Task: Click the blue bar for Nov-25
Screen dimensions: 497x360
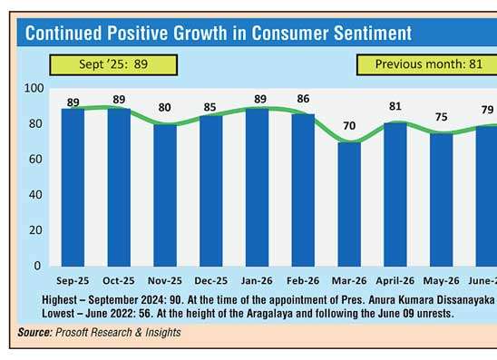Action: (x=165, y=195)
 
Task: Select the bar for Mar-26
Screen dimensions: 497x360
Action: (x=349, y=204)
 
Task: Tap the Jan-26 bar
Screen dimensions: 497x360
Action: (x=257, y=188)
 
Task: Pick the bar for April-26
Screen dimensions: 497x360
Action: (x=395, y=195)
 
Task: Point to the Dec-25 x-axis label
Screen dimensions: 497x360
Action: (x=211, y=281)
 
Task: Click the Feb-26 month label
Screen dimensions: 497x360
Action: (x=303, y=281)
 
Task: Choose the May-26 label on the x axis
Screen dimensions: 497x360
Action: (x=441, y=281)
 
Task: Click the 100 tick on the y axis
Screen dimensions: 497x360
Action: (x=34, y=88)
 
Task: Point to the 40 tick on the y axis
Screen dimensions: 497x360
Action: (x=35, y=195)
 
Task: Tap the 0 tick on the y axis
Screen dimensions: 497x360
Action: (x=37, y=266)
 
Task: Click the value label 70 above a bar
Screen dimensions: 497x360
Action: (x=349, y=126)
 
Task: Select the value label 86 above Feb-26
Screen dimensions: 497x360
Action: (x=303, y=99)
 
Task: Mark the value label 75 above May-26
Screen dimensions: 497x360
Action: (x=441, y=117)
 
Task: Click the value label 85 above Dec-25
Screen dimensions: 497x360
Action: (x=210, y=107)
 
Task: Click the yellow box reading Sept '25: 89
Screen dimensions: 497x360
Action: (x=113, y=65)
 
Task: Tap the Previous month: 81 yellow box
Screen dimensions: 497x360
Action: (x=426, y=65)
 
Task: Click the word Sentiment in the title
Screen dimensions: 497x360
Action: (x=373, y=33)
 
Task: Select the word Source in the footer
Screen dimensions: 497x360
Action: (x=34, y=333)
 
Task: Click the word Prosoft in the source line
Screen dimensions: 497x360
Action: (x=72, y=333)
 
